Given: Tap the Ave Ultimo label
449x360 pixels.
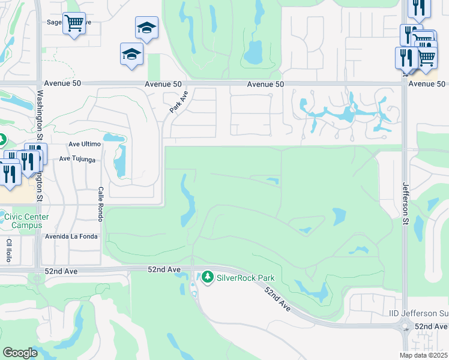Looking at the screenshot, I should tap(83, 144).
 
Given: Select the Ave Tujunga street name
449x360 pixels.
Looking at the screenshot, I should tap(77, 159).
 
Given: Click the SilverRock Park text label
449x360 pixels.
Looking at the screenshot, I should tap(246, 278).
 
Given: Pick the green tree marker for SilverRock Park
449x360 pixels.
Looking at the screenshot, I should tap(208, 277).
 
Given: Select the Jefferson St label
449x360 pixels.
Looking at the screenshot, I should tap(405, 204).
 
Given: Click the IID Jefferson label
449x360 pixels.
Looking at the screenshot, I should tap(417, 314).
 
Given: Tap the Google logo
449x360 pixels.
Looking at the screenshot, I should tap(20, 353).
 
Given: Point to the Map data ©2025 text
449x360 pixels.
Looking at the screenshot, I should tap(423, 355).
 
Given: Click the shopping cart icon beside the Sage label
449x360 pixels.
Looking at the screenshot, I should tap(74, 23).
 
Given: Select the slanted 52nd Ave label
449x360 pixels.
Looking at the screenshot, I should tap(278, 298).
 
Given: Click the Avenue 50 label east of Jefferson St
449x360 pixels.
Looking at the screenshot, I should tap(427, 84).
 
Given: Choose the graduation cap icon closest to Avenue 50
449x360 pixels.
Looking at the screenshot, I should tap(131, 55).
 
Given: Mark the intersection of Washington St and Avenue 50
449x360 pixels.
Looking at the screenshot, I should tap(40, 85).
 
